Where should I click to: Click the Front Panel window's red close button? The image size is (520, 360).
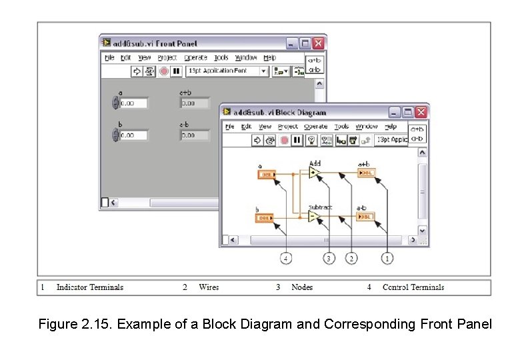coord(319,43)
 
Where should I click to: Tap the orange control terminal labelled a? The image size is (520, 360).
coord(267,175)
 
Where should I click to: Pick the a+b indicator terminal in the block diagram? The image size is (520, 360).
coord(366,173)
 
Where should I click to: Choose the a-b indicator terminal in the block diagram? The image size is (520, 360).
coord(366,216)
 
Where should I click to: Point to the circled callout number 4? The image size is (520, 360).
coord(286,258)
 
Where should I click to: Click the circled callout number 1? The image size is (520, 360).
coord(387,258)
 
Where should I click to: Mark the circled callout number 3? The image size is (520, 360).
coord(328,258)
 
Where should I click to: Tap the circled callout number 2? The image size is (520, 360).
coord(351,258)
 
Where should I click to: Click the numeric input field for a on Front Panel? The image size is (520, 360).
coord(133,103)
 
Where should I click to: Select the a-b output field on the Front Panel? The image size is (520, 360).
coord(195,135)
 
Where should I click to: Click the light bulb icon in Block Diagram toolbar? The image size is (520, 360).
coord(310,140)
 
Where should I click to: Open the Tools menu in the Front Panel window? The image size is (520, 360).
coord(221,58)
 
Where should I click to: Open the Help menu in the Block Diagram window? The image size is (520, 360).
coord(391,127)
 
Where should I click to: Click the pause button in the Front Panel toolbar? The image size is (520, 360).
coord(176,71)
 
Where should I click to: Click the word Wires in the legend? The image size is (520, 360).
coord(209,287)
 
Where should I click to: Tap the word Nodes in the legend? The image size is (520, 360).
coord(302,287)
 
